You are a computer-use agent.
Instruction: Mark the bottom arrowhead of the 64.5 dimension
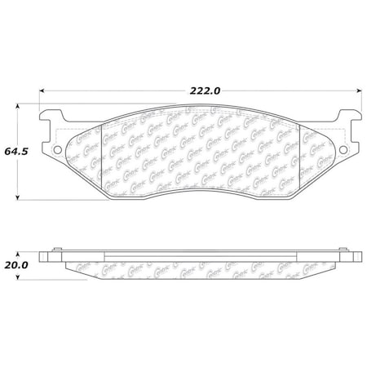click(x=20, y=198)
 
